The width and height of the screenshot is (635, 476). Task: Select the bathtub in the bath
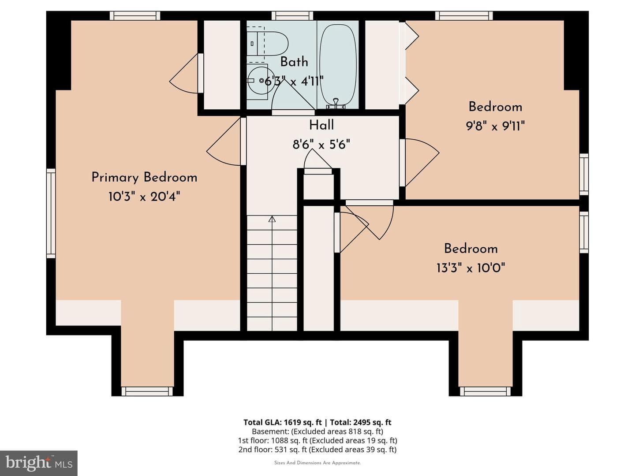coord(338,67)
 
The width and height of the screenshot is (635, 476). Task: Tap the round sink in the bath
coord(258,81)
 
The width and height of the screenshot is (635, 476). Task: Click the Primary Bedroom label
coord(144,178)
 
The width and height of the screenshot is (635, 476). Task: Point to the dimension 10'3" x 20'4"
coord(144,197)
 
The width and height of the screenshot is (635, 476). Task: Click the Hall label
coord(321,125)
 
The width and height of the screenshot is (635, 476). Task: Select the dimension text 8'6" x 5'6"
coord(321,144)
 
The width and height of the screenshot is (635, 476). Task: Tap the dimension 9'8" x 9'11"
coord(495,126)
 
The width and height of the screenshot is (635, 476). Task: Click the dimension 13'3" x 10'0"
coord(471,268)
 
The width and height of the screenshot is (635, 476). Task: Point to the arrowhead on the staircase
coord(272,219)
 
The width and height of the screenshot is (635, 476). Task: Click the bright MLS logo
coord(39,463)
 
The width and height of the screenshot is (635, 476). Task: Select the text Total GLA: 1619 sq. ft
coord(282,422)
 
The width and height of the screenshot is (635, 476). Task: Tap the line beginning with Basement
coord(317,431)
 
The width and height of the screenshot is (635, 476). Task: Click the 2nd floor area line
coord(317,450)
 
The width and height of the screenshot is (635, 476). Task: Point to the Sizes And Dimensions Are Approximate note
coord(317,463)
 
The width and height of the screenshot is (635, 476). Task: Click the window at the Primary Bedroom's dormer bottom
coord(147,391)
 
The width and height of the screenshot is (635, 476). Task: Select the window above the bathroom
coord(292,15)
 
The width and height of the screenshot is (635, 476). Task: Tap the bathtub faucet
coord(336,104)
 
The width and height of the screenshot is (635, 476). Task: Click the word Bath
coord(294,62)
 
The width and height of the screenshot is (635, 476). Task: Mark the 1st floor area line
coord(317,440)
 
